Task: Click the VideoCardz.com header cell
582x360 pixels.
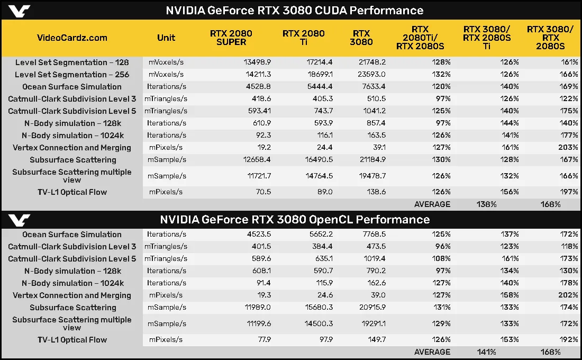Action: (72, 38)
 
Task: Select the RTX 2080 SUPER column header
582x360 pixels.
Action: (231, 38)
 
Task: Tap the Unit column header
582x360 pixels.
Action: (166, 38)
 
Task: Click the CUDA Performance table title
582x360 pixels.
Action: (295, 10)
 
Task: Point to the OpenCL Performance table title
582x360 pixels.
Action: (295, 219)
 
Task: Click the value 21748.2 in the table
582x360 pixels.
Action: (369, 62)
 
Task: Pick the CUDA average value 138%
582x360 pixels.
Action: (486, 204)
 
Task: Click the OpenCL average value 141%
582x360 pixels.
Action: (486, 352)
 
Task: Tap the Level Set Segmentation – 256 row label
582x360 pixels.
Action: (72, 75)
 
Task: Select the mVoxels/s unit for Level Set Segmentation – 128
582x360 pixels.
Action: (166, 62)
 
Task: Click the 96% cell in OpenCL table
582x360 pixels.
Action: (440, 247)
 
